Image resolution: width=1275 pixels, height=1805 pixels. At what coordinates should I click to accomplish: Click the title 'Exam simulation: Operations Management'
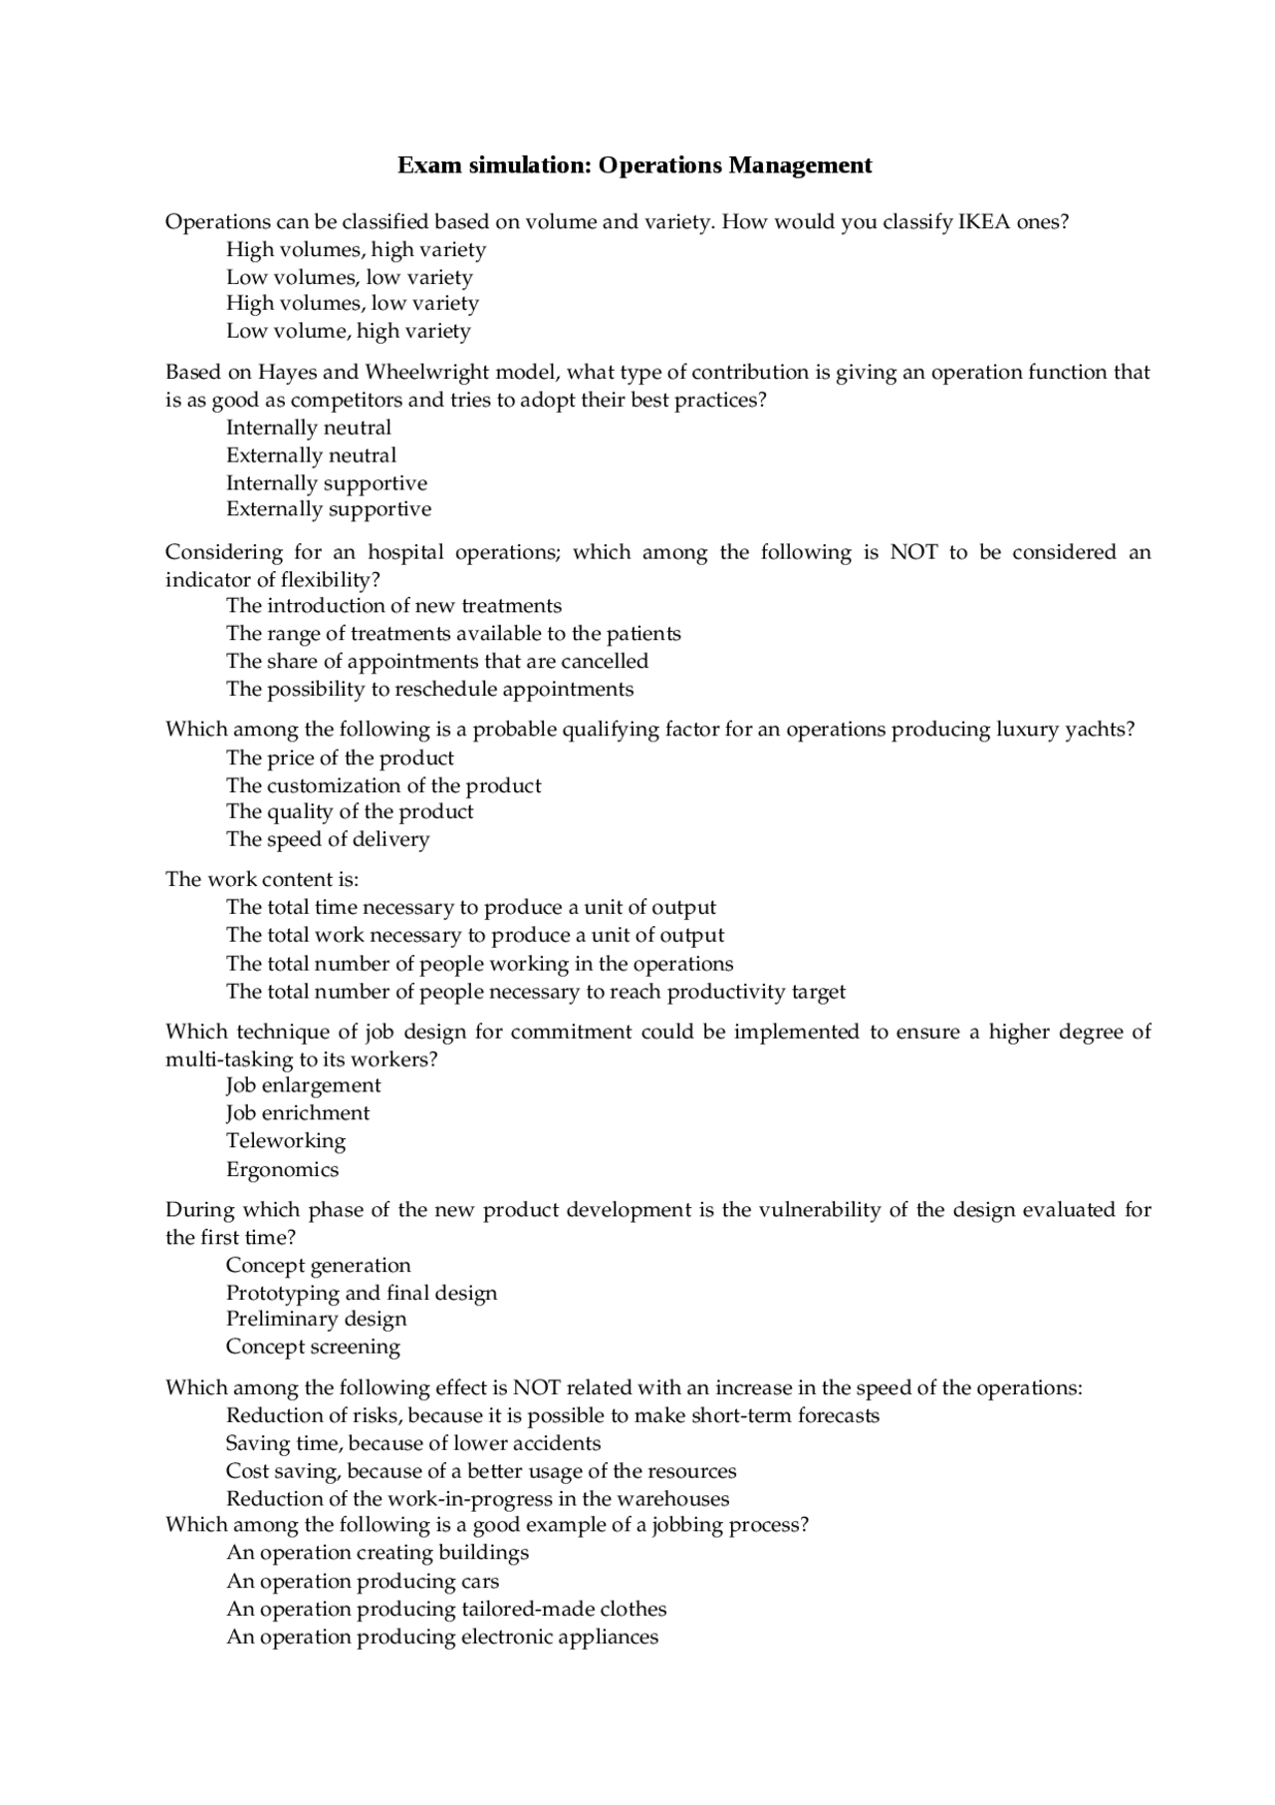coord(635,165)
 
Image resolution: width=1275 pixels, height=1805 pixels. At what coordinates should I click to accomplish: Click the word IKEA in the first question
coord(984,222)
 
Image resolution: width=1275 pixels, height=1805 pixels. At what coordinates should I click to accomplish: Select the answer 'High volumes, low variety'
coord(353,303)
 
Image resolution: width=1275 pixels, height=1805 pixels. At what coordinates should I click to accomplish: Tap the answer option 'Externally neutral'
coord(311,455)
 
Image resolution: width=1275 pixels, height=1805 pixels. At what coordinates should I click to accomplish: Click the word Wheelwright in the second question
coord(426,373)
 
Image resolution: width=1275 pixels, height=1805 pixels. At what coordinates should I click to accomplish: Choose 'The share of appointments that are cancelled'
coord(437,662)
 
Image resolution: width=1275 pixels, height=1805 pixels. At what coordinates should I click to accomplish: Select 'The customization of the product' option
coord(383,785)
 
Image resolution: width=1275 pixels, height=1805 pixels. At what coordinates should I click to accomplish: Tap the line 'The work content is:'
coord(262,880)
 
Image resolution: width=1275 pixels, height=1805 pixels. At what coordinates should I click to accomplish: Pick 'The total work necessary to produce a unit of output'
coord(475,936)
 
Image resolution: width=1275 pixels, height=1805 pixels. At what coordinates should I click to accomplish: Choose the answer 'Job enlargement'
coord(304,1085)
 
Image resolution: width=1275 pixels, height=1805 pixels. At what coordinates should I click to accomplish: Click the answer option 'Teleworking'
coord(286,1141)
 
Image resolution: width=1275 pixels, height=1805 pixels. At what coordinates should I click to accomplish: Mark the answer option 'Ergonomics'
coord(282,1170)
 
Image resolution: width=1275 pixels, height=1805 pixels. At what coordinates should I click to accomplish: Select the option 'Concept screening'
coord(313,1348)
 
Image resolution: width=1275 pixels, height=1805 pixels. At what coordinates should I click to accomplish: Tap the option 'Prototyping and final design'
coord(362,1294)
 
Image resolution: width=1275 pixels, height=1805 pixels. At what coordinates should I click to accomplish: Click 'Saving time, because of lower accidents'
coord(413,1444)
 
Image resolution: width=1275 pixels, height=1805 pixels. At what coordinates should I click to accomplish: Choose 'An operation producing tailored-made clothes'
coord(446,1610)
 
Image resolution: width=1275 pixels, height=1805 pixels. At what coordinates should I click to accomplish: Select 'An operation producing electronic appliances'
coord(442,1638)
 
